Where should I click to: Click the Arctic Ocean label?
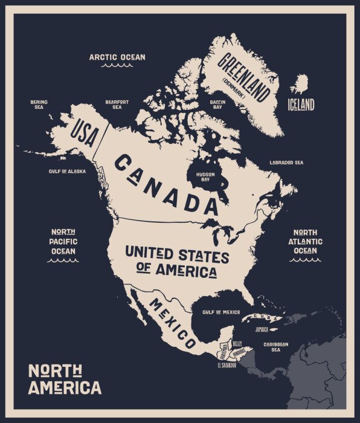(x=117, y=57)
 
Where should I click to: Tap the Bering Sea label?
(x=39, y=105)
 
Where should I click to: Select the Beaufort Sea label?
(x=117, y=105)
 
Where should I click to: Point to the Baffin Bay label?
(x=217, y=105)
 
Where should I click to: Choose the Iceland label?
(x=301, y=105)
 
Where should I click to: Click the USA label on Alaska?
(x=84, y=132)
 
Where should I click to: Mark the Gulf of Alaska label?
(x=67, y=171)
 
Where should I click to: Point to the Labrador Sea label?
(x=286, y=163)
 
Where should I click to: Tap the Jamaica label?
(x=262, y=330)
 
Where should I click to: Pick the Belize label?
(x=237, y=343)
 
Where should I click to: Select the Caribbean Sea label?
(x=275, y=346)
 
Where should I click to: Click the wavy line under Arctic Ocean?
(x=117, y=65)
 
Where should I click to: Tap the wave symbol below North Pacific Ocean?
(x=63, y=261)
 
